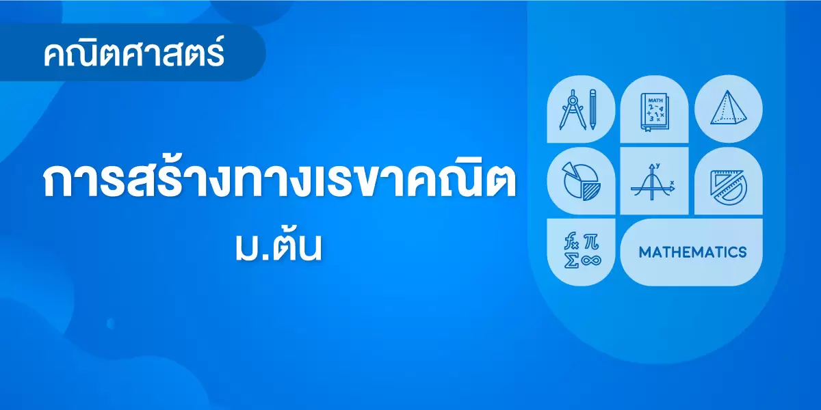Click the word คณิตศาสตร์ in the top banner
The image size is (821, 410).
133,53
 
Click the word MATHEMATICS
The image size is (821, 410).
692,252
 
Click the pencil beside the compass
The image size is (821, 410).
592,109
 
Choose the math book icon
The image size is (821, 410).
655,112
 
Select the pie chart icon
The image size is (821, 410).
582,181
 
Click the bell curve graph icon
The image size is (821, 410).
653,182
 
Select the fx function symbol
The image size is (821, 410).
571,241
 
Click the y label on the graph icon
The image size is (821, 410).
658,165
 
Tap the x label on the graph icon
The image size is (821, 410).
672,182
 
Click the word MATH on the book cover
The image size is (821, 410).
655,100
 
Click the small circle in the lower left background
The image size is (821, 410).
111,324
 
